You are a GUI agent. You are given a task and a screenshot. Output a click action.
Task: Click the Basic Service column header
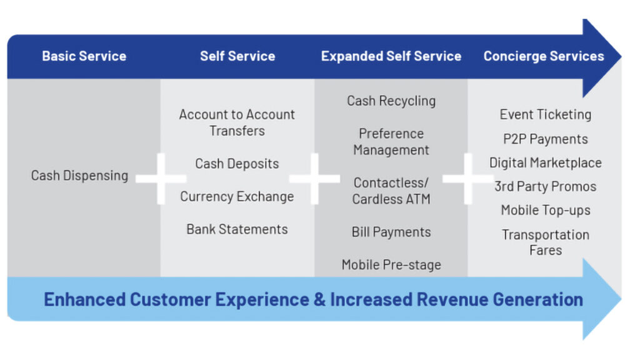84,56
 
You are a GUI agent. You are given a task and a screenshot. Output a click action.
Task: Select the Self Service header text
237,56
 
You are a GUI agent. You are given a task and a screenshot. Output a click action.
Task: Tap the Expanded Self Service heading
391,56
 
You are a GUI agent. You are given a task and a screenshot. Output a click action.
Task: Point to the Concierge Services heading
544,56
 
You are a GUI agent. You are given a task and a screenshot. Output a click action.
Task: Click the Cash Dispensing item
79,176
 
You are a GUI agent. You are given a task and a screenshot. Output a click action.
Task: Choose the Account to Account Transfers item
237,122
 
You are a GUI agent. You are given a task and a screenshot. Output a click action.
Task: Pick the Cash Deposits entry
237,164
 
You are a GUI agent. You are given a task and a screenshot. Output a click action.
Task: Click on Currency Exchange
237,196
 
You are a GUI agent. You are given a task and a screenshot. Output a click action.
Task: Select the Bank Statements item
237,229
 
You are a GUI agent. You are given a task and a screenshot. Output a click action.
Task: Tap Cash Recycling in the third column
391,101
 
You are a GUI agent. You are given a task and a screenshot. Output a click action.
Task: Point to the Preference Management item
391,142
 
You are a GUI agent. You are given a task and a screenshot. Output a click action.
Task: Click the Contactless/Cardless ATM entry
391,191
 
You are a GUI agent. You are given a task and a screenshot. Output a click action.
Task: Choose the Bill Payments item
391,232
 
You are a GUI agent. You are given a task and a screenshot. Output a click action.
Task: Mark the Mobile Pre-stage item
391,265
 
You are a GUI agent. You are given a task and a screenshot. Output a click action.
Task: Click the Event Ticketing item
546,114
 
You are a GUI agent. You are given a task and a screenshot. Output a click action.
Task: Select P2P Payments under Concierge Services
546,139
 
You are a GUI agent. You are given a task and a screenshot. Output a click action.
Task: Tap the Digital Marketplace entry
546,163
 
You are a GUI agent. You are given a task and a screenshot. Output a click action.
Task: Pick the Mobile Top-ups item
546,211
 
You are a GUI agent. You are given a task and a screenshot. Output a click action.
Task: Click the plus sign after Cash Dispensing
161,179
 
